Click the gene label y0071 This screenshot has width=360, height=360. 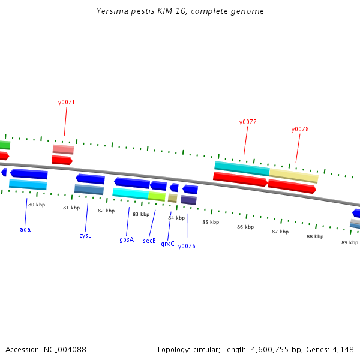tap(67, 102)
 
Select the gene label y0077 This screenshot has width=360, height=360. tap(248, 122)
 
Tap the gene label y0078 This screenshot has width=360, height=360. tap(300, 129)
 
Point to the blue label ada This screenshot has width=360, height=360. tap(25, 229)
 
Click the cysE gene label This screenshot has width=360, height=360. tap(85, 235)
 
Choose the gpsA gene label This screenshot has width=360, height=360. tap(127, 239)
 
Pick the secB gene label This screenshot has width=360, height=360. tap(149, 241)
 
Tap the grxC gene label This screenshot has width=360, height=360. tap(167, 244)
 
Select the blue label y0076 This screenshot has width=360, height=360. tap(187, 246)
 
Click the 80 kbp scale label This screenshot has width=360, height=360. tap(37, 205)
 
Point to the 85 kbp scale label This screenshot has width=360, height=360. tap(211, 222)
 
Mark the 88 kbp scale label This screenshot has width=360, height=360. tap(315, 236)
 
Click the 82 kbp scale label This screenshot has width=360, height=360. tap(106, 211)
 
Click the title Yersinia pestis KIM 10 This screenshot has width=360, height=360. tap(180, 11)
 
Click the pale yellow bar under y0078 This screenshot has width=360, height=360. tap(293, 176)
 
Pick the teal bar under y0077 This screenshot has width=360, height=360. tap(242, 168)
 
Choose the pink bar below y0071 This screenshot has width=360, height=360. tap(63, 149)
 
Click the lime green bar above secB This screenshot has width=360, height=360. tap(157, 196)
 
